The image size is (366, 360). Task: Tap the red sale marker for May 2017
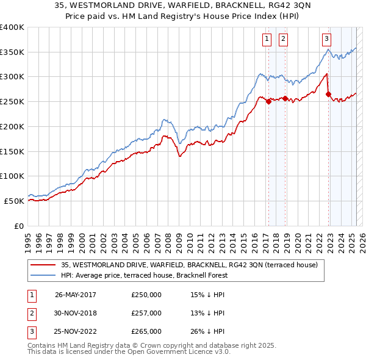(x=268, y=102)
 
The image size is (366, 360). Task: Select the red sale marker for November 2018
(x=285, y=98)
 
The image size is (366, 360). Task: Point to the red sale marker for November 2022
(x=328, y=95)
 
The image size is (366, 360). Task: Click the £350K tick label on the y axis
(x=12, y=52)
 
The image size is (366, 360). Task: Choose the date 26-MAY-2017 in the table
(x=76, y=295)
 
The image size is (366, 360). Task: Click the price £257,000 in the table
(x=146, y=313)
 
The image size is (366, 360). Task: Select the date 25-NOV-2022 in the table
(x=76, y=332)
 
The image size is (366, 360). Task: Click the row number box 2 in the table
(x=30, y=313)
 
